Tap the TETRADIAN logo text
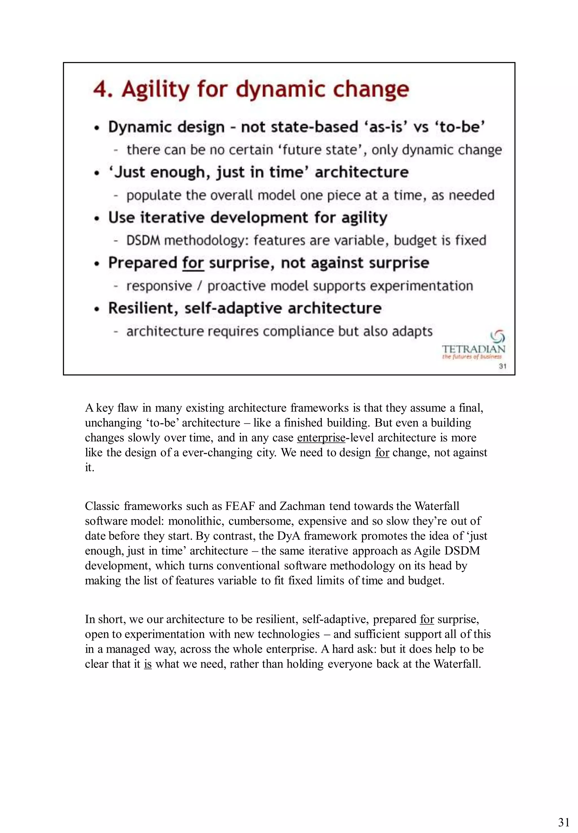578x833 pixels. click(473, 349)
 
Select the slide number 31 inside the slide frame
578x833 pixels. click(502, 366)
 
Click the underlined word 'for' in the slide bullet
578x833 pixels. click(193, 263)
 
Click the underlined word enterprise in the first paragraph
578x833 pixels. click(321, 438)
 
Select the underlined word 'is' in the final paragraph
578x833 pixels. click(147, 664)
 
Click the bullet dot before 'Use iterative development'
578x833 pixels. click(97, 219)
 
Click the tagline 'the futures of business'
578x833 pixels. click(472, 357)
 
